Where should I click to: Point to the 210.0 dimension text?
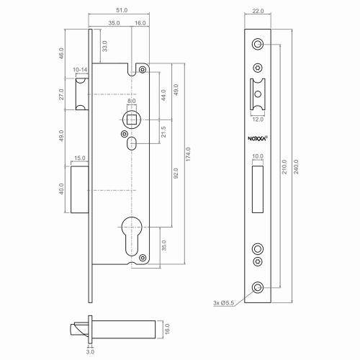pyautogui.click(x=284, y=167)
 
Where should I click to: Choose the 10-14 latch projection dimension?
pyautogui.click(x=80, y=71)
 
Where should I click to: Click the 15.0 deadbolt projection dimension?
pyautogui.click(x=79, y=158)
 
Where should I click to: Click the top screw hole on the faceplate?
pyautogui.click(x=258, y=45)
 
